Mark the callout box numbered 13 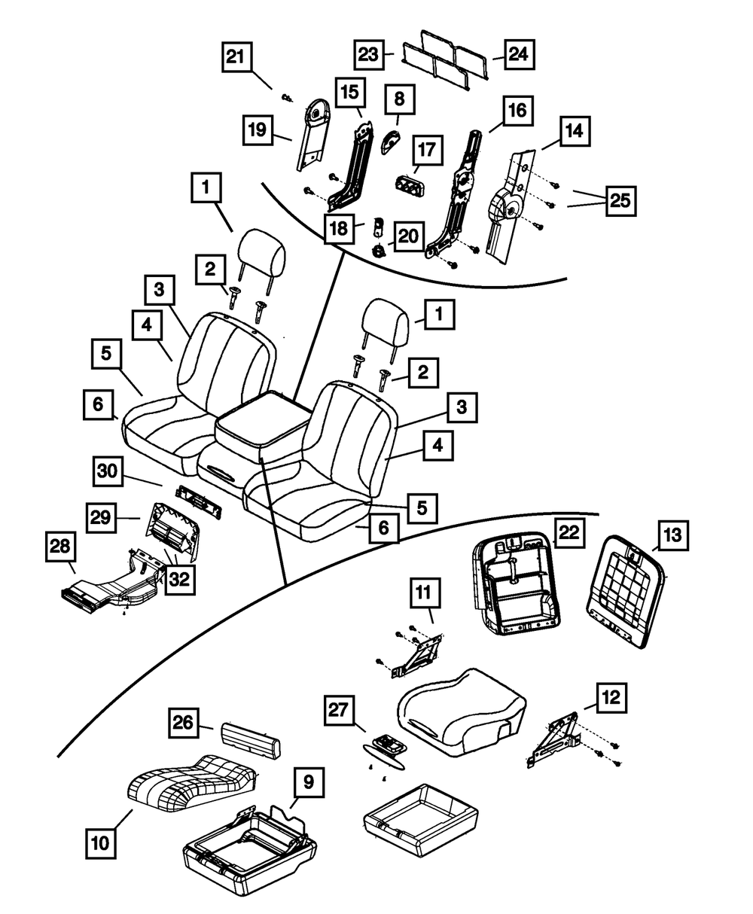(x=671, y=535)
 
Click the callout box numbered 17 (x=426, y=150)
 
